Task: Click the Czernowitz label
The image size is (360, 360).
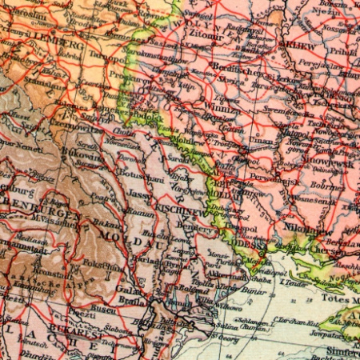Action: coord(78,127)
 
